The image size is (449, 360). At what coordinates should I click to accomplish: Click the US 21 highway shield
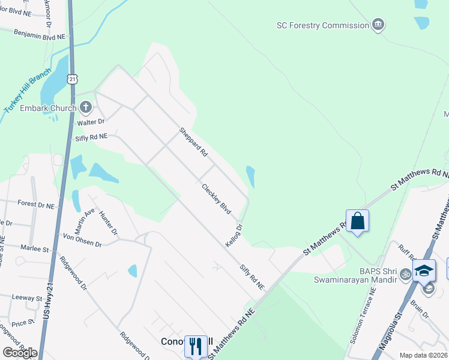[x=73, y=79]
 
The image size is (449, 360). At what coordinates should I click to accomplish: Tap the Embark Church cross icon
[x=86, y=108]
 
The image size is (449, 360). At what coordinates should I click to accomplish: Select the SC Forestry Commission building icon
[x=378, y=25]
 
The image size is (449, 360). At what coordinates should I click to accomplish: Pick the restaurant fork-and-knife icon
[x=196, y=346]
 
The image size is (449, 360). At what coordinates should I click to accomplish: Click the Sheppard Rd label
[x=193, y=142]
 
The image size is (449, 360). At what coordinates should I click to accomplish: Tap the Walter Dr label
[x=91, y=122]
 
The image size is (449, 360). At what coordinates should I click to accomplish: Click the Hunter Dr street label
[x=109, y=223]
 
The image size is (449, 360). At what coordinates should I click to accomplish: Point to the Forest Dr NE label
[x=36, y=204]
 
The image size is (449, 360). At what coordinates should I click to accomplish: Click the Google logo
[x=20, y=353]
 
